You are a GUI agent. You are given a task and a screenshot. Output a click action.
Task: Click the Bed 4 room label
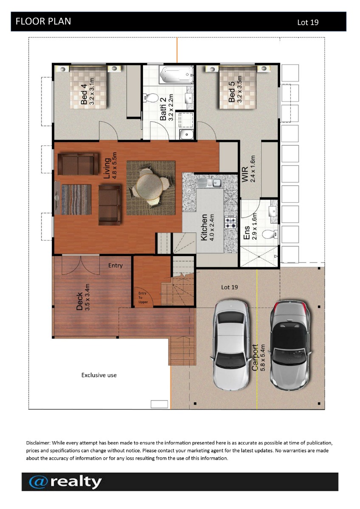tap(84, 94)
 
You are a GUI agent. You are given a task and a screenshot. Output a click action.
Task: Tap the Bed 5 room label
tap(231, 92)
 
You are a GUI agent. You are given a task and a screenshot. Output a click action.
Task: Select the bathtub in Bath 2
tap(177, 74)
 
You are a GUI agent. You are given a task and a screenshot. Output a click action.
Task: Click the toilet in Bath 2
tap(151, 98)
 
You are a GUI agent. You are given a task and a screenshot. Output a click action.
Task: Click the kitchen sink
tap(209, 182)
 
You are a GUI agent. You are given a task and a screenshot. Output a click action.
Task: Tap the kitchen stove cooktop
tap(231, 222)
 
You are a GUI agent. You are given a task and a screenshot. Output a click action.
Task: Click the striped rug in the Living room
tap(76, 199)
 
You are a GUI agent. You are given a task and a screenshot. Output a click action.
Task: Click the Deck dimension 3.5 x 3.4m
tap(87, 297)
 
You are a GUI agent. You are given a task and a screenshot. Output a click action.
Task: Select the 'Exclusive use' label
tap(99, 375)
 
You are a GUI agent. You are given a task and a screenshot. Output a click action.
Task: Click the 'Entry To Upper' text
tap(143, 297)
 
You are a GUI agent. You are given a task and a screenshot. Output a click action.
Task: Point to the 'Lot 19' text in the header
tap(308, 22)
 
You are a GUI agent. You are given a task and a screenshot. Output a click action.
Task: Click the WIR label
tap(245, 174)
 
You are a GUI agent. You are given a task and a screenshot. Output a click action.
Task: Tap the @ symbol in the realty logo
tap(39, 483)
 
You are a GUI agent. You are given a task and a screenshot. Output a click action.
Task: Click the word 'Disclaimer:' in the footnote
tap(38, 443)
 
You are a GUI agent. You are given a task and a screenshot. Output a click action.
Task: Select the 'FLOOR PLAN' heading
tap(43, 21)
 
